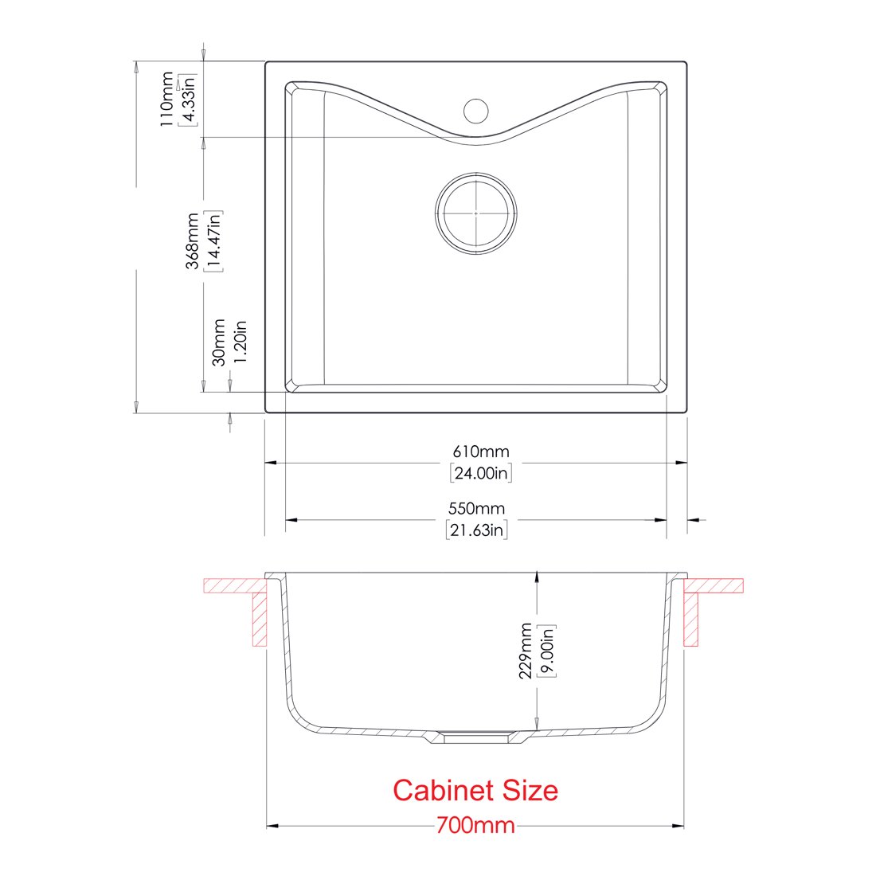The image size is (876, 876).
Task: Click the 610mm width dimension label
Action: (x=480, y=452)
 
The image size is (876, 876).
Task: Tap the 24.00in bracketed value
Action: (x=480, y=473)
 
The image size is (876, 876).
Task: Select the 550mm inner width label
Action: (x=476, y=508)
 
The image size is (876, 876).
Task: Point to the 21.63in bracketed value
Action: (x=476, y=530)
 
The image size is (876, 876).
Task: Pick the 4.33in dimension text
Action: (x=188, y=100)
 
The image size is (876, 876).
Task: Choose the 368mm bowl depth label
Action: (x=193, y=241)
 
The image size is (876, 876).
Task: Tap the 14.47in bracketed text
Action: (x=213, y=241)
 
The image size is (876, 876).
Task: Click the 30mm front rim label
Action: (x=219, y=342)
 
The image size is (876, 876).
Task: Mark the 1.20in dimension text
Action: (x=240, y=342)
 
